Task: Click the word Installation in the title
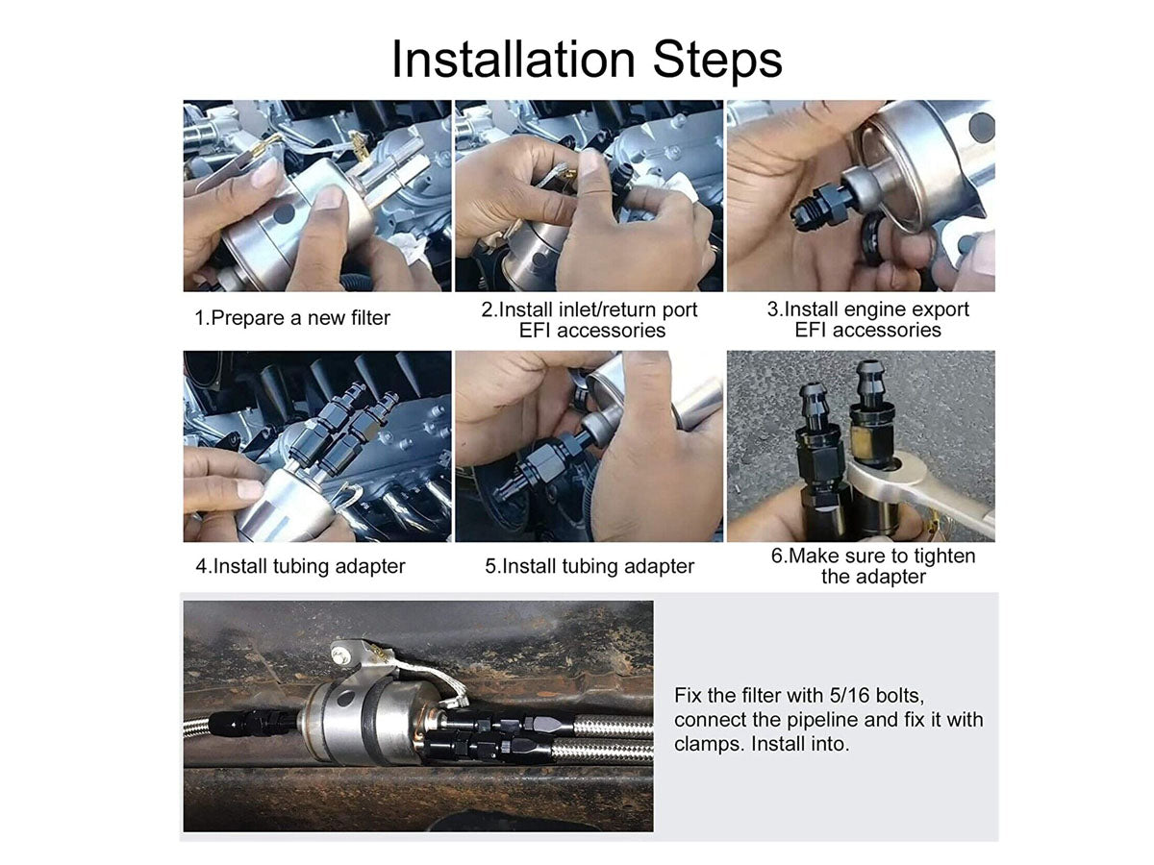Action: tap(514, 60)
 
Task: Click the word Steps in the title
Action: tap(717, 62)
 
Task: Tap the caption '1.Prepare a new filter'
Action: tap(292, 318)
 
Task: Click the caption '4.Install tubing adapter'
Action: tap(300, 566)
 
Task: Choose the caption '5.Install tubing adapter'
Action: tap(590, 566)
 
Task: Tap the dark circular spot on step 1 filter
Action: tap(284, 213)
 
